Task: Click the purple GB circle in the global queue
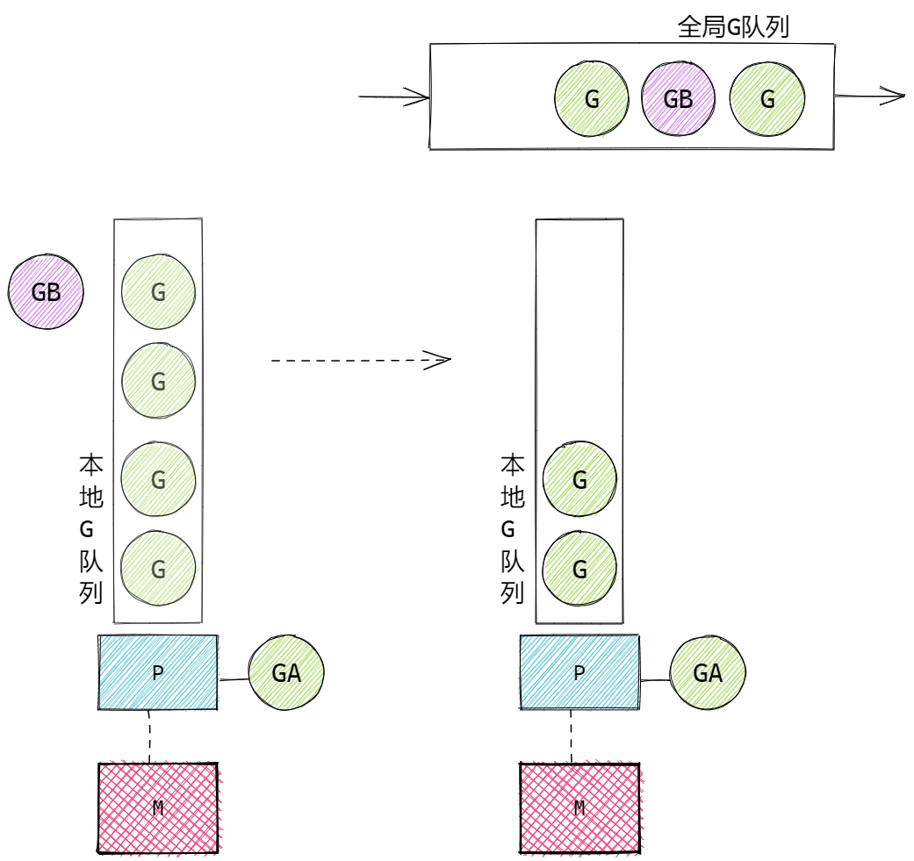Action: pos(678,98)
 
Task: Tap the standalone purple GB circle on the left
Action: pos(46,291)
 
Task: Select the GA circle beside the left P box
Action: pos(286,673)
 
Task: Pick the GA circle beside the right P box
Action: pos(708,673)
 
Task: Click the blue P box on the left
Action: pos(158,672)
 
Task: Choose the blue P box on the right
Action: pos(579,672)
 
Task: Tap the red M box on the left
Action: pos(158,807)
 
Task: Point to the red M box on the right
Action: pos(579,807)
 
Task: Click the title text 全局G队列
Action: pos(733,27)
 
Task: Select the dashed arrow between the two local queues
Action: pos(360,359)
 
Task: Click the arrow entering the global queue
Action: pos(393,97)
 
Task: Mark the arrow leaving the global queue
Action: pos(869,96)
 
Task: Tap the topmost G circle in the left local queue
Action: pos(158,292)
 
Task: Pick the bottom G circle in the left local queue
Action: pos(158,569)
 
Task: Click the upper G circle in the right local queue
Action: pos(579,479)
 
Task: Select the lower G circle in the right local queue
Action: pos(579,569)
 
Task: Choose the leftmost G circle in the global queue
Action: pos(592,98)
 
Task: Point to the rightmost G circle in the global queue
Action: pos(767,98)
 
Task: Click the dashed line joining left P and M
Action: pos(149,736)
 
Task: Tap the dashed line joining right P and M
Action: pos(571,736)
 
